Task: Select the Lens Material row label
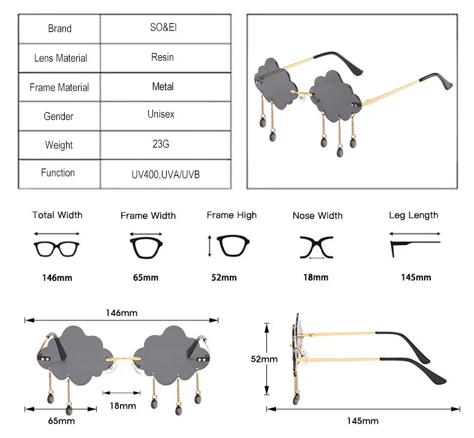[60, 58]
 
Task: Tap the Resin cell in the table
[162, 57]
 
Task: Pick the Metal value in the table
[163, 86]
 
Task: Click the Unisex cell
[161, 113]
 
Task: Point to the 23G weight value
[161, 145]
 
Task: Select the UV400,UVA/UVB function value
[166, 174]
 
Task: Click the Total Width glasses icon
[57, 247]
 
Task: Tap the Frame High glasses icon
[232, 246]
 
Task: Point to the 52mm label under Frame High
[224, 278]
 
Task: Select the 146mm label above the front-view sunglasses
[121, 313]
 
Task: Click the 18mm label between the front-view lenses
[123, 406]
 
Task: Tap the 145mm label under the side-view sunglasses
[362, 421]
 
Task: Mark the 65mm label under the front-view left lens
[62, 421]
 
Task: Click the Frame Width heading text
[148, 215]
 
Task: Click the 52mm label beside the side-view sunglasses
[264, 359]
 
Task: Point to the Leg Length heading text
[413, 215]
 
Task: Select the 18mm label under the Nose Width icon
[316, 278]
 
